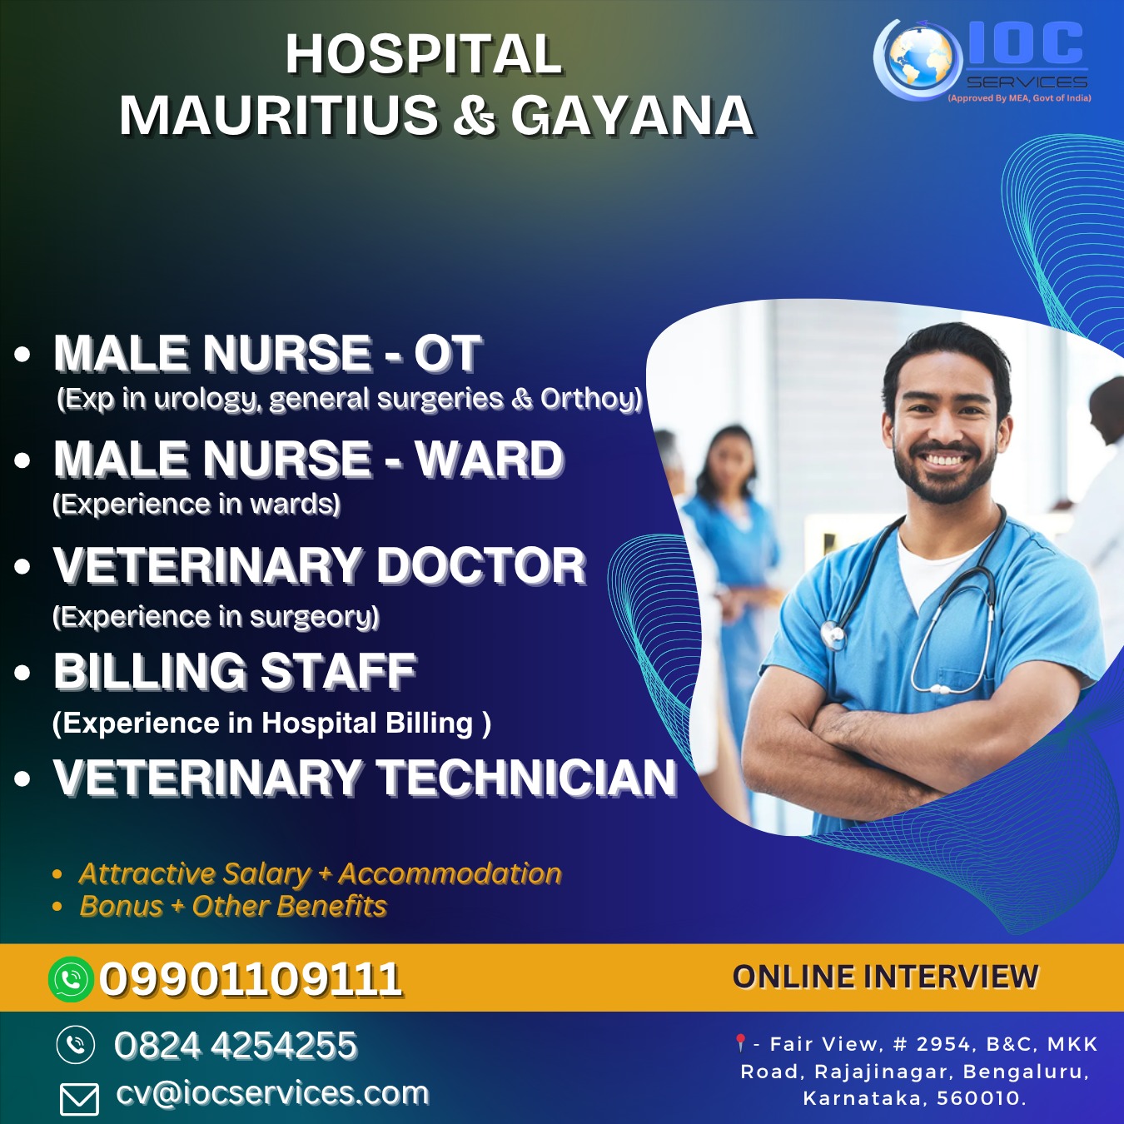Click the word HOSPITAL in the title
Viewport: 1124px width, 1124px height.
tap(424, 55)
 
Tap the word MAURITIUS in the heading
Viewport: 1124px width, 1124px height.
tap(279, 115)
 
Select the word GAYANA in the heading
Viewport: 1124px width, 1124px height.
tap(632, 115)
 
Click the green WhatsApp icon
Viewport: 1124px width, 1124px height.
tap(71, 979)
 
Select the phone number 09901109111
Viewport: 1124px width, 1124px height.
tap(251, 979)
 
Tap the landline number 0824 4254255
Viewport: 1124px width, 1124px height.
tap(236, 1044)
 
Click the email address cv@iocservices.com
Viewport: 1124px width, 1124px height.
tap(272, 1092)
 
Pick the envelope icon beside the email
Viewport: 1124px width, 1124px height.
tap(79, 1099)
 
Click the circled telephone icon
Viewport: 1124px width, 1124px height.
tap(76, 1044)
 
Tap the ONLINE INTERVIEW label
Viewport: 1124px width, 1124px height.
tap(885, 977)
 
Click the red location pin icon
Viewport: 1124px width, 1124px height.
tap(740, 1042)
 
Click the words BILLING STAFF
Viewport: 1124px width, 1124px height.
tap(235, 671)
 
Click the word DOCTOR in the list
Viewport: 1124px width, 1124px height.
tap(481, 565)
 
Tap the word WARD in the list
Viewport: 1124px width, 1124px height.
tap(490, 459)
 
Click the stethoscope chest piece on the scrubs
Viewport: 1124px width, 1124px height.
tap(833, 634)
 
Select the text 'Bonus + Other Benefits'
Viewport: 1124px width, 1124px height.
tap(233, 906)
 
